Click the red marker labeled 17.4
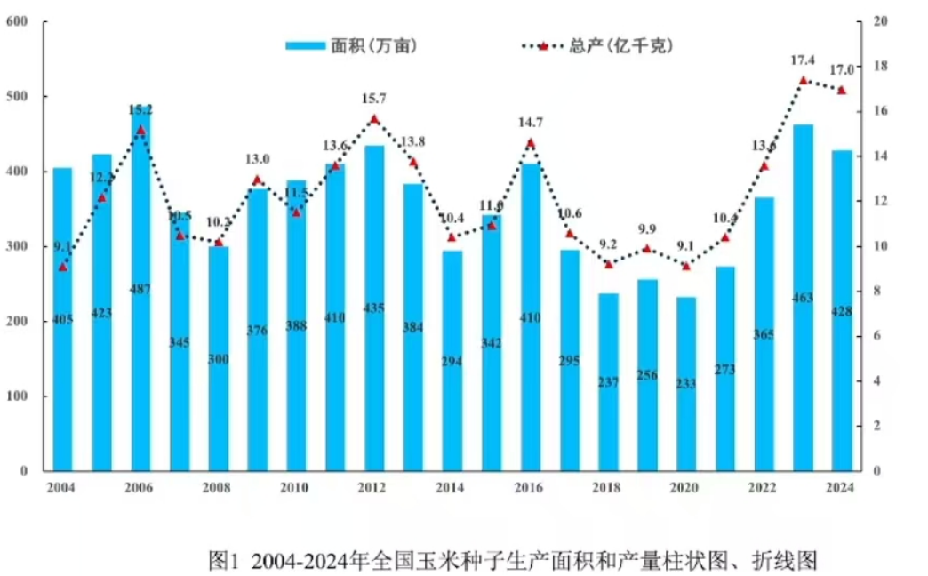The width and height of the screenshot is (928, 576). pos(803,81)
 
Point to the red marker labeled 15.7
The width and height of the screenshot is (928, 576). pos(374,119)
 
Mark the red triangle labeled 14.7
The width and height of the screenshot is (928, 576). pos(531,143)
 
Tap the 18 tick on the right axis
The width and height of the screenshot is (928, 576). pos(880,66)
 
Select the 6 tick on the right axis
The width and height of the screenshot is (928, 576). pos(877,336)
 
